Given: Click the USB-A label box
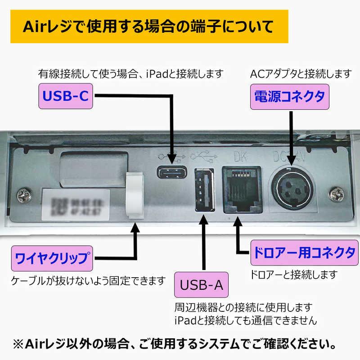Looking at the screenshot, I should click(201, 285).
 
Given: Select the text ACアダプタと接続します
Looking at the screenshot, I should click(301, 72).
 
